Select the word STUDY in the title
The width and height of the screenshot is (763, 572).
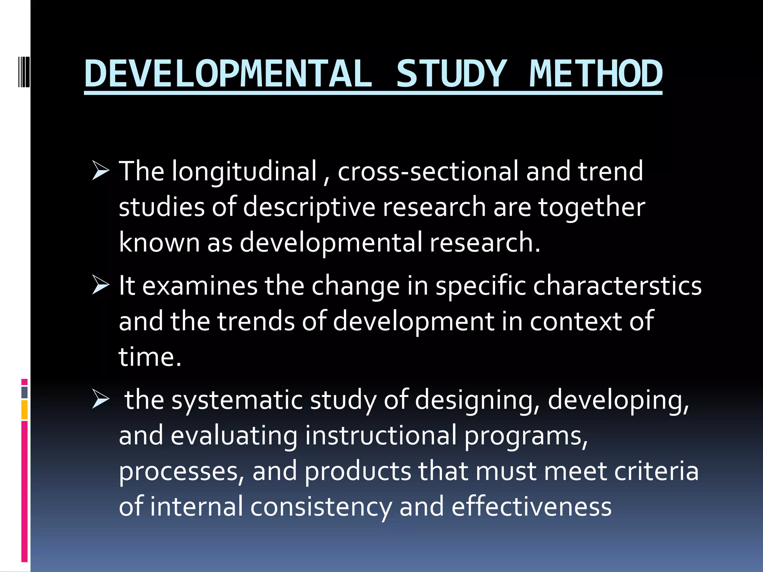(451, 74)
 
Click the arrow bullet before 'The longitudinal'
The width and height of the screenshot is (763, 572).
(100, 172)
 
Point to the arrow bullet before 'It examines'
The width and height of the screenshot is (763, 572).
(100, 286)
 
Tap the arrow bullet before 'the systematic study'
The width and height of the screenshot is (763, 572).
(100, 400)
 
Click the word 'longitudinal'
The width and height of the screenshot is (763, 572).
(244, 172)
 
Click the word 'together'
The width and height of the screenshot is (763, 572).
(592, 207)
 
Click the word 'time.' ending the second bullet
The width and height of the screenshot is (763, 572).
(150, 357)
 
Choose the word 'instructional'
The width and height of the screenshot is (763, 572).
(381, 436)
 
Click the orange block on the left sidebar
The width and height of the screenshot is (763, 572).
(24, 410)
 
